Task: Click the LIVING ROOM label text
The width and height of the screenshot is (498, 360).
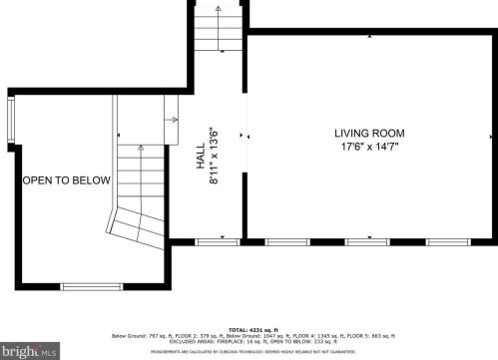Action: pyautogui.click(x=369, y=134)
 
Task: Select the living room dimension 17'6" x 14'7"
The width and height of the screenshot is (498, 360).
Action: pyautogui.click(x=369, y=148)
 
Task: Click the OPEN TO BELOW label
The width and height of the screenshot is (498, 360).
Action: pyautogui.click(x=67, y=180)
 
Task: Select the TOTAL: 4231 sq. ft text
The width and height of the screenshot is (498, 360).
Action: pyautogui.click(x=252, y=329)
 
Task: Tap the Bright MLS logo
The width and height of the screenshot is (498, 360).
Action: pyautogui.click(x=29, y=351)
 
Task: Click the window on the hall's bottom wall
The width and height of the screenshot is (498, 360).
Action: pyautogui.click(x=210, y=241)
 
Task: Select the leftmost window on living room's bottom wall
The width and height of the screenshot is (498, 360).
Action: pyautogui.click(x=287, y=241)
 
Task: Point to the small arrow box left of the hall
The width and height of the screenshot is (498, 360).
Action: pyautogui.click(x=171, y=111)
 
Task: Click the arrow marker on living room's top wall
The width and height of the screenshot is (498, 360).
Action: pyautogui.click(x=369, y=35)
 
